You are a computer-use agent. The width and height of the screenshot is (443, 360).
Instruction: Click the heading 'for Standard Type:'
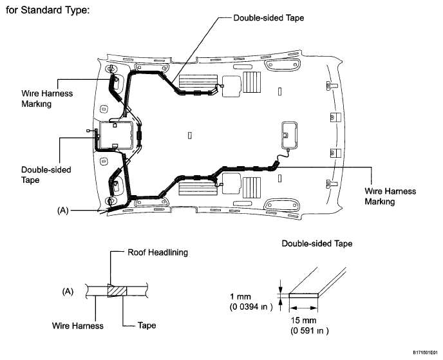48,10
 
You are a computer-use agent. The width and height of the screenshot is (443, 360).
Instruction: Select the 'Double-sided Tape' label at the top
269,18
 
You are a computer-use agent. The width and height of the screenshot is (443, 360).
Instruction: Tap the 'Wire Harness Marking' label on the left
47,99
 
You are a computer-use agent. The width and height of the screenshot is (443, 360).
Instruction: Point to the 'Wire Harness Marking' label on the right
390,196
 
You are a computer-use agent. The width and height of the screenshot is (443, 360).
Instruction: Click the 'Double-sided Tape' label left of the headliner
46,175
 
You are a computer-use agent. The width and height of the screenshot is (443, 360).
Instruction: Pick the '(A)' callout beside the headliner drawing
62,210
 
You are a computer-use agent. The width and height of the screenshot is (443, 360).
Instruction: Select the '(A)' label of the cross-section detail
68,291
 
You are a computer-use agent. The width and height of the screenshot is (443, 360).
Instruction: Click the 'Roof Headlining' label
158,252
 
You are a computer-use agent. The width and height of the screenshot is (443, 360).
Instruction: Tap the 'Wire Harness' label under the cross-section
78,325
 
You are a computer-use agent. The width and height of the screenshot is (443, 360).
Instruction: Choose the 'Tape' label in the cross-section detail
147,325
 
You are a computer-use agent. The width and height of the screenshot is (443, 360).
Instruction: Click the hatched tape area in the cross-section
117,291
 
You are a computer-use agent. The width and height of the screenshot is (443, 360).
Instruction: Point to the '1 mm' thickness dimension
240,296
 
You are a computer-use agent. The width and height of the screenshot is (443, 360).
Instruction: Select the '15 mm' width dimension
303,320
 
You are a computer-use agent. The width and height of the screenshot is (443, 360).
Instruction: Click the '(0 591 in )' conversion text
309,330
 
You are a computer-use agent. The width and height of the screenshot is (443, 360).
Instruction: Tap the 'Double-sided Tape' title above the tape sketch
317,243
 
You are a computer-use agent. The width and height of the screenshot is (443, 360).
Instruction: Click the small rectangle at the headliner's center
190,135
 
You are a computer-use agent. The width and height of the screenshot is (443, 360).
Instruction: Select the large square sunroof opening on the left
116,135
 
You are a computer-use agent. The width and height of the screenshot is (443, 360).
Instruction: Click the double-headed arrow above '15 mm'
303,308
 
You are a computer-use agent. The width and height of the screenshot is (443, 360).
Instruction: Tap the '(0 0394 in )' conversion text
251,307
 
